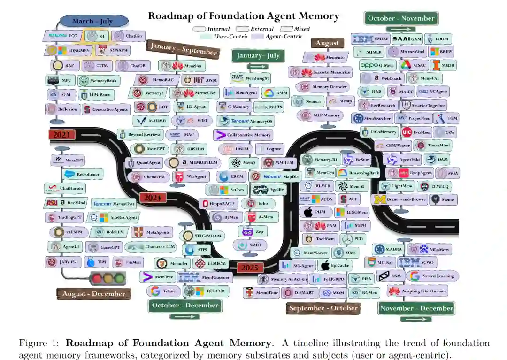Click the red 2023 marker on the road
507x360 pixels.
coord(61,135)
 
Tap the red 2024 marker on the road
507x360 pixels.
coord(153,198)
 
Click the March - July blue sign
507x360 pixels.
coord(93,21)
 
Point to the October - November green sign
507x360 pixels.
coord(401,19)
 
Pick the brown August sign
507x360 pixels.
coord(327,43)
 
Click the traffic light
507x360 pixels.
coord(108,278)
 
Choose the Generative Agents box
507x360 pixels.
coord(106,109)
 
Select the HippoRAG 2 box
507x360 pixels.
coord(219,203)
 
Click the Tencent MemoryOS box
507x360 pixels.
coord(246,121)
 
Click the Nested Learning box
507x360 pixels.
coord(432,276)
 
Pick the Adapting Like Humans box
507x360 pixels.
coord(417,291)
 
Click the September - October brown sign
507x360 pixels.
coord(323,308)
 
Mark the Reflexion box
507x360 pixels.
coord(62,109)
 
